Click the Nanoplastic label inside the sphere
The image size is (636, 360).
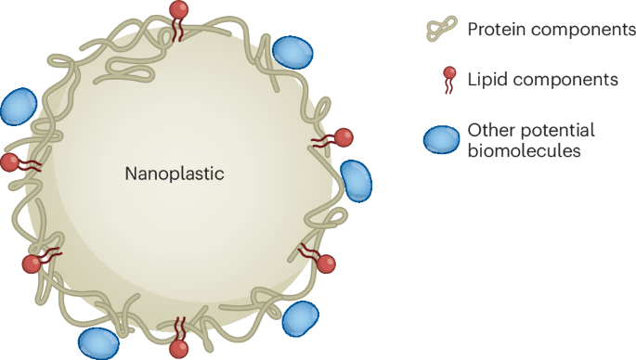175,174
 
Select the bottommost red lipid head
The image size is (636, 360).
179,349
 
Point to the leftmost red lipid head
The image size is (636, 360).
10,162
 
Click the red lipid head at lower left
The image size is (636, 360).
32,264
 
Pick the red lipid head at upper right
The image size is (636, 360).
344,137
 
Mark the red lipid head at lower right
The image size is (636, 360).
326,264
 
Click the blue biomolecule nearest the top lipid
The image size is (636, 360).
293,53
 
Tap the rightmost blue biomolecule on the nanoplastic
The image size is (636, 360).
356,179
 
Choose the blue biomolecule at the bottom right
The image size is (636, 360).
300,318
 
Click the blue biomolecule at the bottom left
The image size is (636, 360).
97,341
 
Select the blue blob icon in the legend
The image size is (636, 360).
442,139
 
